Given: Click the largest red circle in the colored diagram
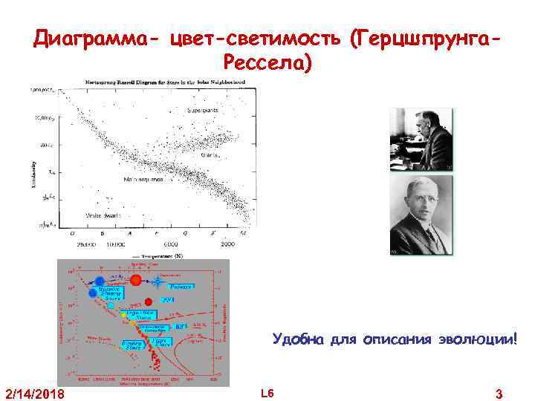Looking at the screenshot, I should (x=136, y=280).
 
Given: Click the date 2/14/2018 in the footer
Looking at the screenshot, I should (x=34, y=393).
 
